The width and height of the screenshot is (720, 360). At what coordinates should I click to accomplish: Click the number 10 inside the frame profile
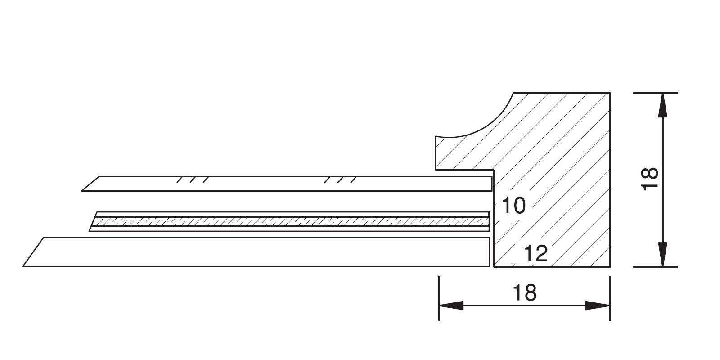click(x=513, y=205)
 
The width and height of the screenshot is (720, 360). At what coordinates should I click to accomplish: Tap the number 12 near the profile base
click(x=535, y=254)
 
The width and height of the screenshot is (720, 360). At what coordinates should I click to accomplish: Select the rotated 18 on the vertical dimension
click(x=650, y=179)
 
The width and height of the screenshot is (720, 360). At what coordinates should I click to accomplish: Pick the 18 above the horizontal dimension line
click(x=525, y=293)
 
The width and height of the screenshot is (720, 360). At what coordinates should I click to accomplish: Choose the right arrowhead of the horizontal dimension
click(x=597, y=306)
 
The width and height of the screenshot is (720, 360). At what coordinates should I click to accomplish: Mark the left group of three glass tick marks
click(x=193, y=180)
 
